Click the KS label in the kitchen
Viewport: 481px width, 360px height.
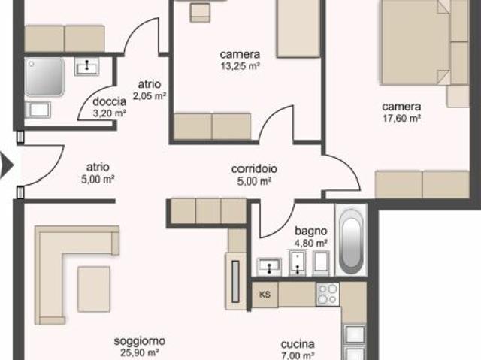click(265, 295)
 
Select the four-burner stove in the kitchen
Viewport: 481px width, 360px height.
click(328, 295)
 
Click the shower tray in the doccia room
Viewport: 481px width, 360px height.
click(45, 77)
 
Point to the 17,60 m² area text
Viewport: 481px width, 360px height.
click(401, 118)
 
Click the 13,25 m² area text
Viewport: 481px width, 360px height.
click(240, 65)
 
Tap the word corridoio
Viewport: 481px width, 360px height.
click(254, 169)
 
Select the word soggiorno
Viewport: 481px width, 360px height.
click(140, 341)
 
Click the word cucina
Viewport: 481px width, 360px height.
click(298, 344)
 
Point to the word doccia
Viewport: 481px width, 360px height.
click(110, 101)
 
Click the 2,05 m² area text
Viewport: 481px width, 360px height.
click(150, 96)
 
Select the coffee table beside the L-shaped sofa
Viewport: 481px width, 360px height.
click(94, 289)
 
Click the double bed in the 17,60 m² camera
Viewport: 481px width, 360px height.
click(415, 42)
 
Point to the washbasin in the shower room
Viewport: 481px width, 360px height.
click(87, 66)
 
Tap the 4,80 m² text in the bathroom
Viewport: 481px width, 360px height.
click(310, 244)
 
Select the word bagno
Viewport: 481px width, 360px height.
click(310, 231)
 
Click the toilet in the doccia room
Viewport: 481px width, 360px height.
click(38, 110)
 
